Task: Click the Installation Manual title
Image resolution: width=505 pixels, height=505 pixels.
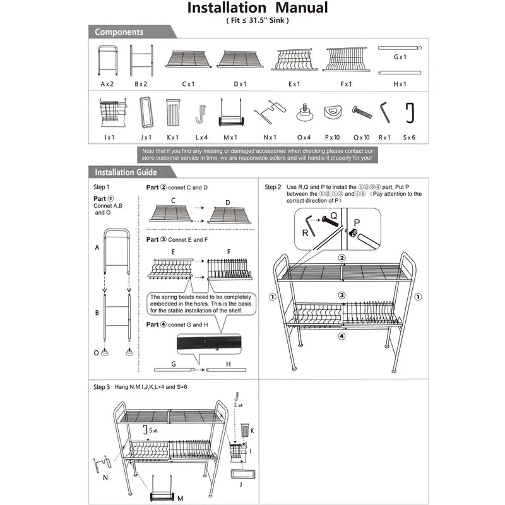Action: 258,8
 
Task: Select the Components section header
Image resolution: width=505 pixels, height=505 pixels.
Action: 119,32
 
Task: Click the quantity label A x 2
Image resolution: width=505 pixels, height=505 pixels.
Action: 107,84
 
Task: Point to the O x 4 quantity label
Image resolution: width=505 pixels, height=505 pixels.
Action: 304,137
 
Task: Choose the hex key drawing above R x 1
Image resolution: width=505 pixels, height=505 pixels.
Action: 384,113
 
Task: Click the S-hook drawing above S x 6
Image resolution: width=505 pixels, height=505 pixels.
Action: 409,113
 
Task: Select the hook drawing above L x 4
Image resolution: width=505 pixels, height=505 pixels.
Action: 200,114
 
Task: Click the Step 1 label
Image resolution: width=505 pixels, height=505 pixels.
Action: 102,187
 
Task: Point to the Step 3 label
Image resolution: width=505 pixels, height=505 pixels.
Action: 102,386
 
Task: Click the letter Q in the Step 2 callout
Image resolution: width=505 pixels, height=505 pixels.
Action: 334,215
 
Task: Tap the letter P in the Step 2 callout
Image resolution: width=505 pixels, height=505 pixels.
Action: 357,222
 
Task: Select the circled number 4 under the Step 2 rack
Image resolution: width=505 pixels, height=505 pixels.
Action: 342,336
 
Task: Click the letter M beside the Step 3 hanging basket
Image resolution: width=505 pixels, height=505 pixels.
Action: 180,498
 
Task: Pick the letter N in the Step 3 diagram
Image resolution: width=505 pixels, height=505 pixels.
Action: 105,478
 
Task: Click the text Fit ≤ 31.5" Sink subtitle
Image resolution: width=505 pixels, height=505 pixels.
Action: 258,20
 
